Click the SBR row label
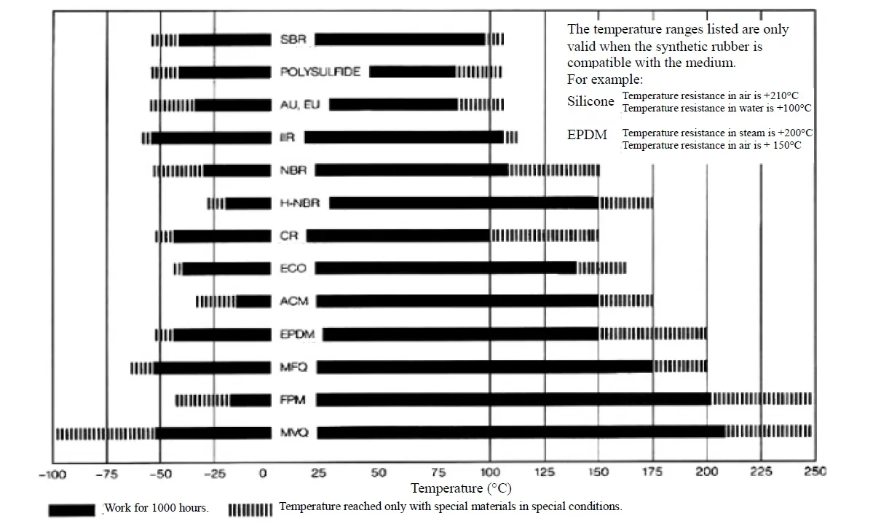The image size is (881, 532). coord(293,39)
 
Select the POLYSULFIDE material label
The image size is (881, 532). coord(320,72)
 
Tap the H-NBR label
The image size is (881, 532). coord(299,203)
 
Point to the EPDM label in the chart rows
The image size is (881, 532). coord(297,335)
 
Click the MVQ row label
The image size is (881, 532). coord(294,432)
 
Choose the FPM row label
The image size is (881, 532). coord(293,400)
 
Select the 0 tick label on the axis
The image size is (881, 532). coord(263,473)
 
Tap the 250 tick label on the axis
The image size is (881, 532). coord(815,472)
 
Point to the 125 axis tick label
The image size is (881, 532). coord(544,472)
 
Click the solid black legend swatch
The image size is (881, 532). coord(71,509)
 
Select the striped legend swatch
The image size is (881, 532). coord(250,509)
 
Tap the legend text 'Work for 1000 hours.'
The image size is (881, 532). coord(157,508)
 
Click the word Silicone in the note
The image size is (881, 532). coord(590,101)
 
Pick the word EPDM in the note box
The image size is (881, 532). coord(587,135)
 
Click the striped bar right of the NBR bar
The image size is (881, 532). coord(554,170)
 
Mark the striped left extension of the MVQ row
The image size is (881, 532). coord(106,433)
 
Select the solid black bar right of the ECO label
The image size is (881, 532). coord(446,268)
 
